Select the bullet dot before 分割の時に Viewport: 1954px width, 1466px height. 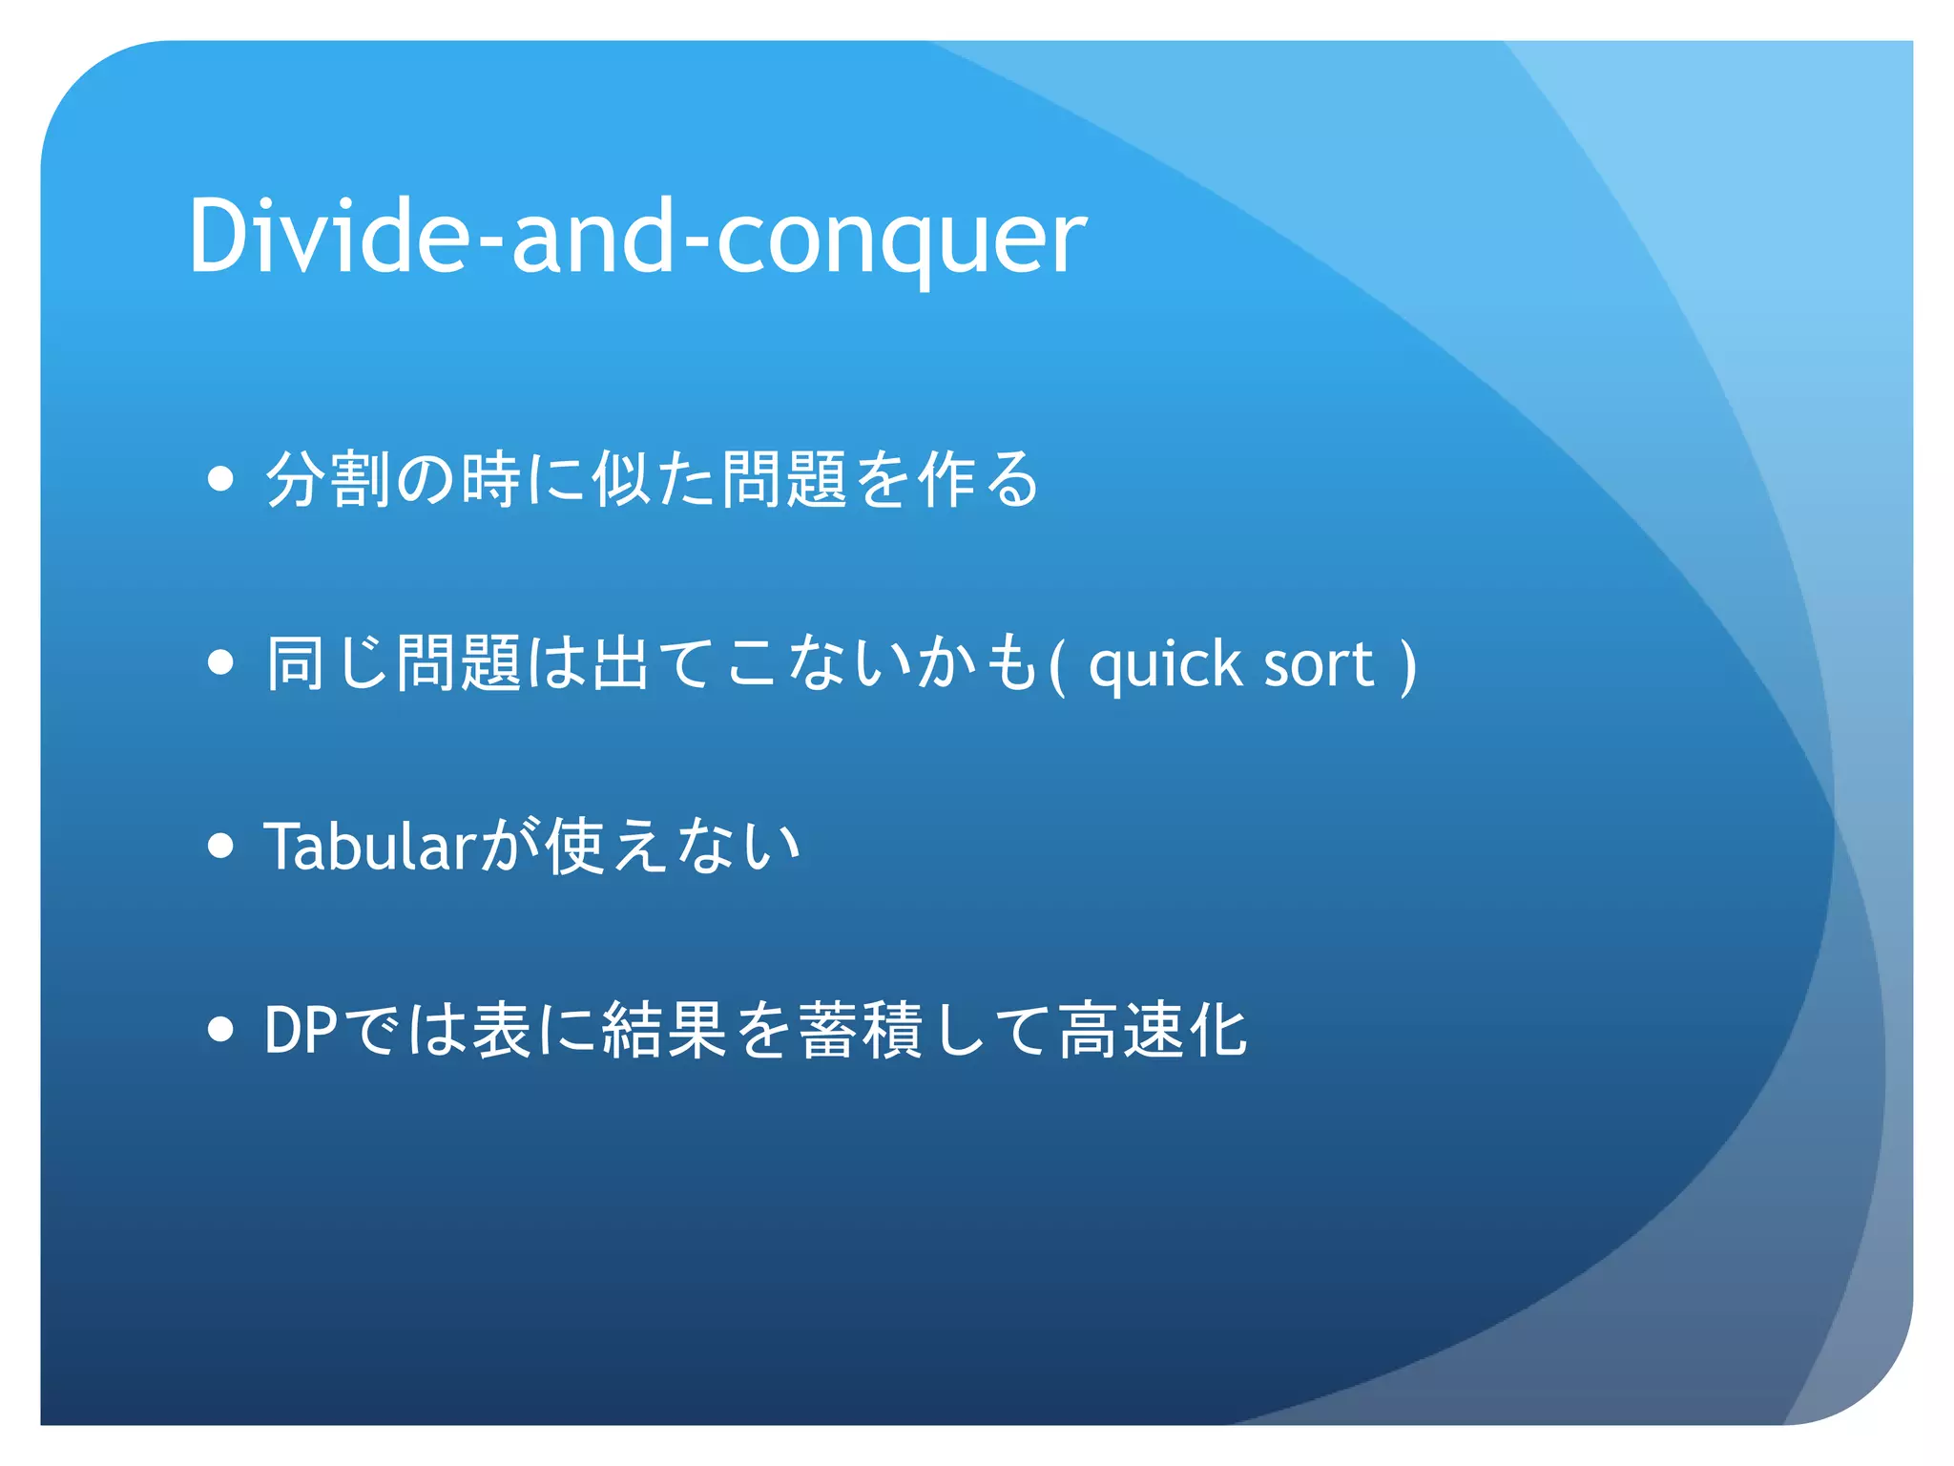220,478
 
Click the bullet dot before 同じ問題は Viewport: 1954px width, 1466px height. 220,661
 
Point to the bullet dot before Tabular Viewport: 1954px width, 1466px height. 220,845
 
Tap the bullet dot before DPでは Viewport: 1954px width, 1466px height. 220,1029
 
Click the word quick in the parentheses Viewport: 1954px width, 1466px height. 1165,664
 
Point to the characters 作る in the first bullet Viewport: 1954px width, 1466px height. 978,478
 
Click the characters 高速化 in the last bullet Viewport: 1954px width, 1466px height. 1152,1030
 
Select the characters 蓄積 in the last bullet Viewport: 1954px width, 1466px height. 860,1030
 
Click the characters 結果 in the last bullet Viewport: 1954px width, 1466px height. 664,1030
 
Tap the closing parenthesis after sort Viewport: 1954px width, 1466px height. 1407,664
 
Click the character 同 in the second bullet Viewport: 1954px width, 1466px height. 295,662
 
